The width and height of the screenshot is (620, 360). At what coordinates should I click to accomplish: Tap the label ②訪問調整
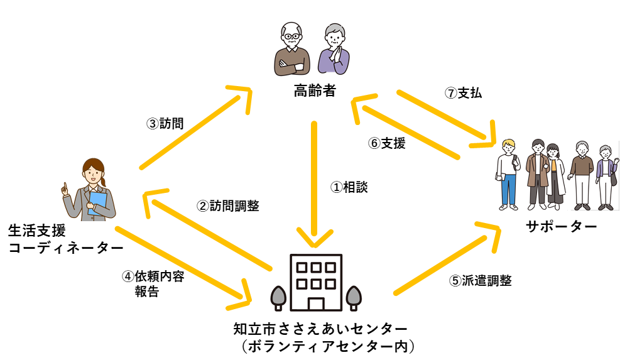click(x=228, y=205)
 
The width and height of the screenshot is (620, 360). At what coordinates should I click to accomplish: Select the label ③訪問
click(x=165, y=124)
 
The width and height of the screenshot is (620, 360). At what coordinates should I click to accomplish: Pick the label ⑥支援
click(x=386, y=143)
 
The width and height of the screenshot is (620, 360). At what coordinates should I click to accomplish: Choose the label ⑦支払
click(x=463, y=93)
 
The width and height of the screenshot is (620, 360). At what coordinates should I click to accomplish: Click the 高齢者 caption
click(x=315, y=92)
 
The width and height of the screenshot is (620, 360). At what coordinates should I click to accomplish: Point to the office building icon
click(x=315, y=283)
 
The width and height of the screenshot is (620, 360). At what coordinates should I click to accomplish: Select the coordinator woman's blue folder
click(x=97, y=203)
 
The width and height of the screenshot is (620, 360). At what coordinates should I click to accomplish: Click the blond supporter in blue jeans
click(x=508, y=173)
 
